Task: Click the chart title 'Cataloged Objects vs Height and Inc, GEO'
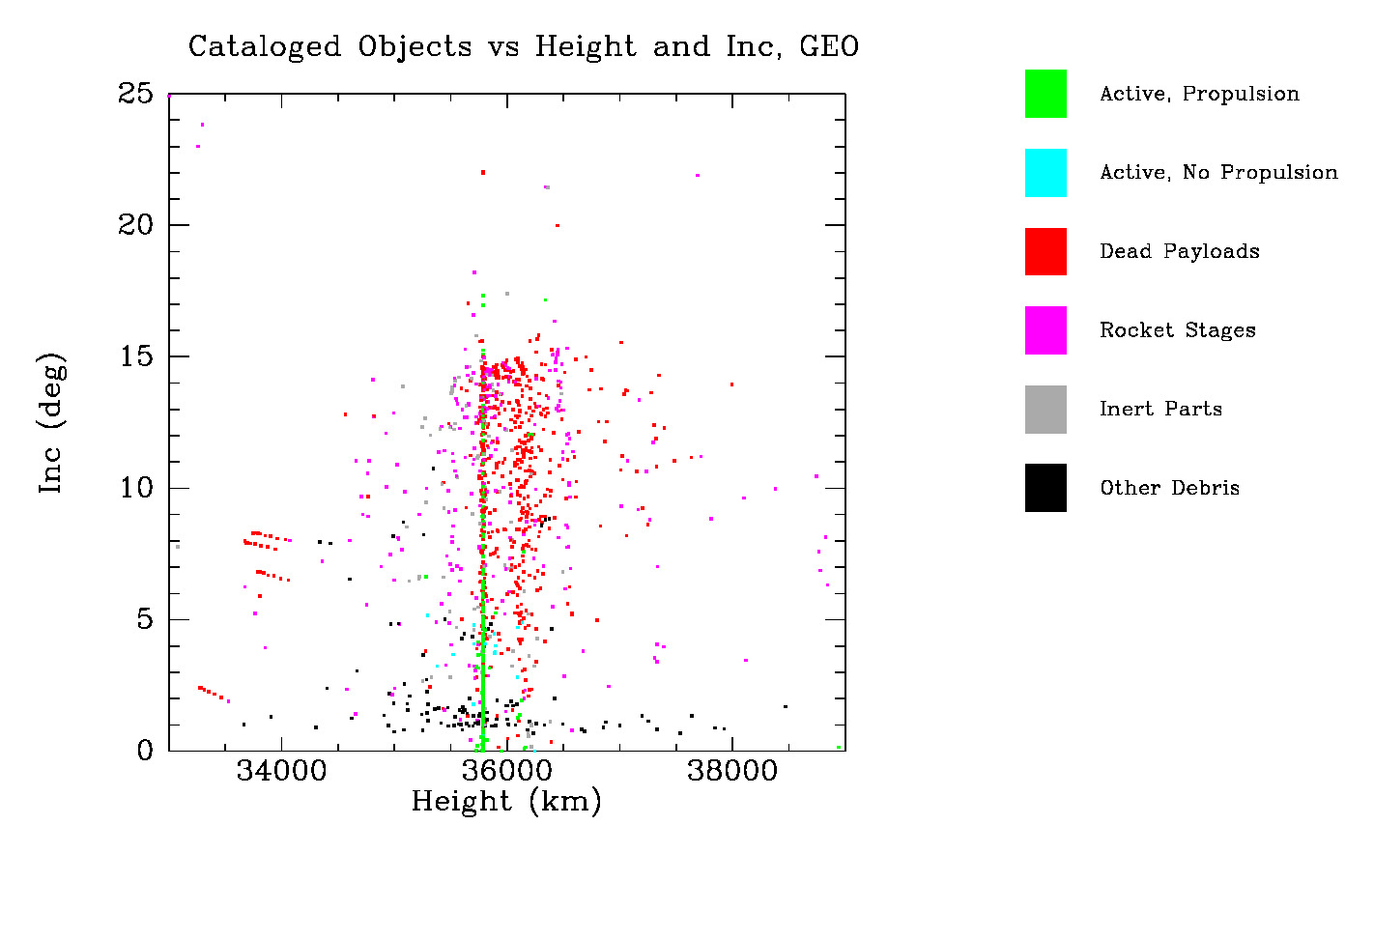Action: click(523, 46)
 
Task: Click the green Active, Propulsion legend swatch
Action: click(1045, 94)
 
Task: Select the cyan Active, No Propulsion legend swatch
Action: click(1045, 173)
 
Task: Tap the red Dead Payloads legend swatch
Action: click(1045, 251)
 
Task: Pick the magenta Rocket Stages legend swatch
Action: click(1045, 330)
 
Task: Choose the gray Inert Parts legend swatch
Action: click(1045, 410)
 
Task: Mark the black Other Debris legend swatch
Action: click(1045, 488)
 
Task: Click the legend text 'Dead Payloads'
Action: click(1179, 251)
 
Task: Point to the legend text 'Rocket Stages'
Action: click(1177, 330)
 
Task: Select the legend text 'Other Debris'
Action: click(1169, 488)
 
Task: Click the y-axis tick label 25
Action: click(135, 94)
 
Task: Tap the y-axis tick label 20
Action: click(135, 225)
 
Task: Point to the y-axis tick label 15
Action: click(135, 356)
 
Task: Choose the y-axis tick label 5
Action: click(145, 619)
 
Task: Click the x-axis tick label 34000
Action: click(282, 771)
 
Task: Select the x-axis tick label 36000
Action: click(507, 771)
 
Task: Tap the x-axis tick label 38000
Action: click(732, 771)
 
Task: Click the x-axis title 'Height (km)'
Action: click(506, 802)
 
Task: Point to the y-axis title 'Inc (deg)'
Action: click(52, 422)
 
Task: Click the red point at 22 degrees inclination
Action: click(483, 173)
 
